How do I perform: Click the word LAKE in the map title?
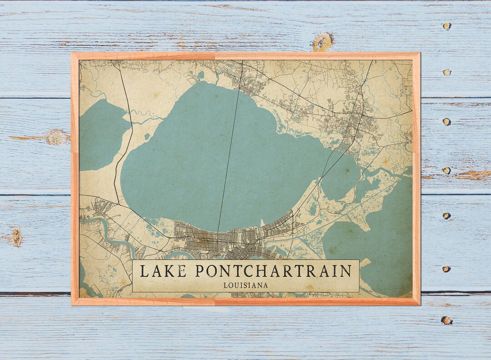[162, 271]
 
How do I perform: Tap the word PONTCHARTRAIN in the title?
[273, 271]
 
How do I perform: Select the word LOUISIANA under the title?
[245, 285]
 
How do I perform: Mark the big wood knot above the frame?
[322, 41]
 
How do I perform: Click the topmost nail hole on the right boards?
[447, 26]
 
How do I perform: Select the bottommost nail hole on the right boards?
[446, 320]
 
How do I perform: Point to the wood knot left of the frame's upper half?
[56, 137]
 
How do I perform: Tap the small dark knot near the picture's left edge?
[17, 237]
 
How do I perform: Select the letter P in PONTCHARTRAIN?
[200, 271]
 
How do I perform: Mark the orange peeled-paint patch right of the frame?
[473, 175]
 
